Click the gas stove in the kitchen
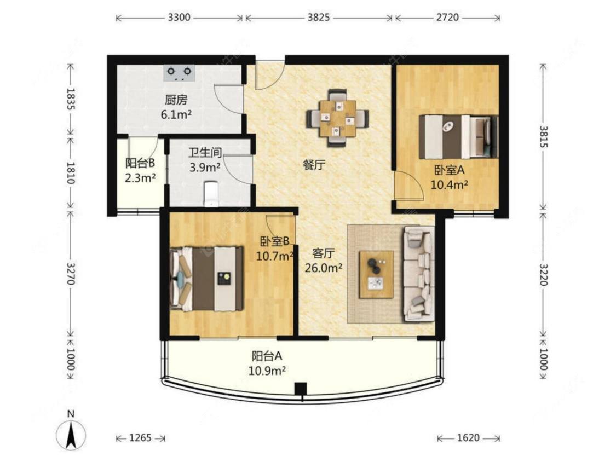click(179, 73)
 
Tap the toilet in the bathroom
click(211, 193)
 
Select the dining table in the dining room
click(337, 118)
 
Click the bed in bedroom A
click(458, 137)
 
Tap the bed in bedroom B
click(206, 279)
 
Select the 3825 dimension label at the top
click(318, 18)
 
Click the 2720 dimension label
click(447, 18)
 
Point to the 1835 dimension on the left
click(71, 99)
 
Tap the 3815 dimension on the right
click(543, 136)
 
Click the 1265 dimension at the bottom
click(140, 438)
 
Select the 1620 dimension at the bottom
click(468, 438)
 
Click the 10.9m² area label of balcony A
click(267, 370)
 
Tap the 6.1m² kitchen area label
click(176, 114)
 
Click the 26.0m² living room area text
click(324, 268)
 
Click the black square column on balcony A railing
click(301, 389)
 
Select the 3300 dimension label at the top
click(179, 18)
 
